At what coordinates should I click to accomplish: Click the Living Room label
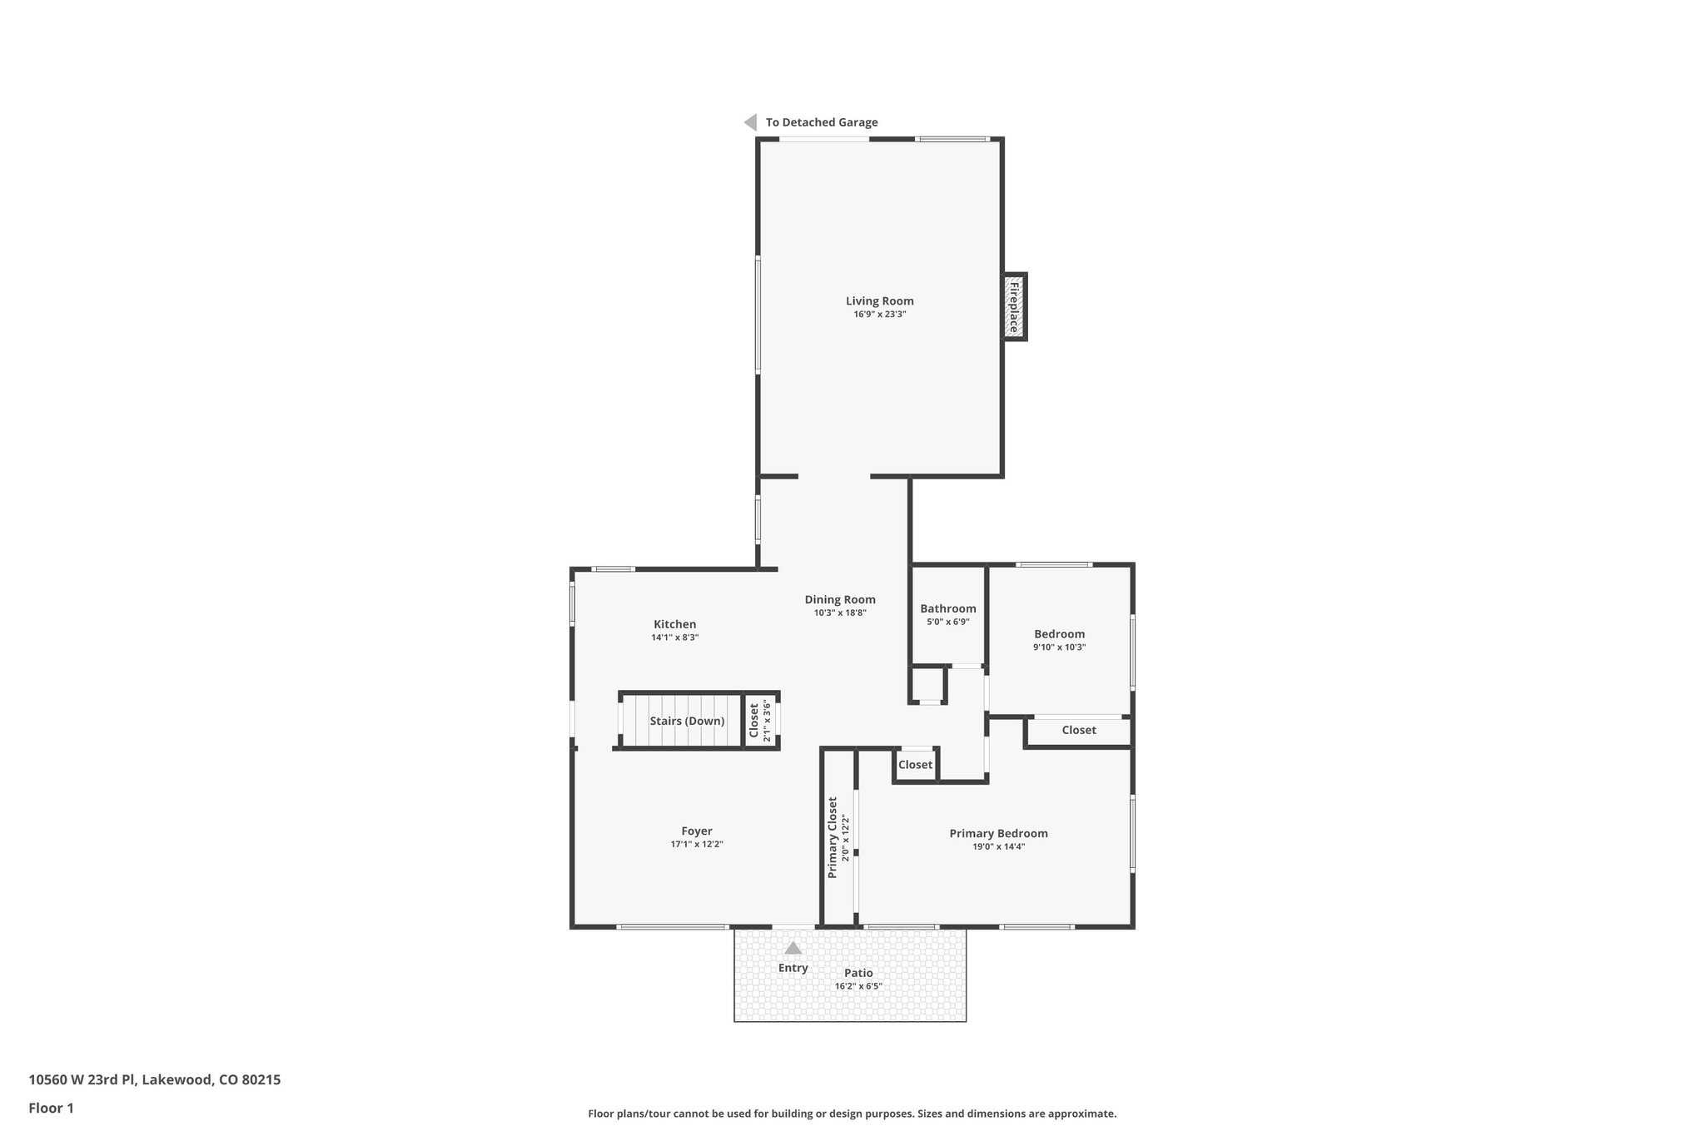click(x=879, y=301)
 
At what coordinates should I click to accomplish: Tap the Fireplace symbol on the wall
click(x=1014, y=307)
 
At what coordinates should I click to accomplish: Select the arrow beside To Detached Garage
click(x=750, y=122)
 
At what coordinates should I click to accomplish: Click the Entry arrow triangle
click(x=793, y=948)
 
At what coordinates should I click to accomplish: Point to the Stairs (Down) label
click(x=687, y=721)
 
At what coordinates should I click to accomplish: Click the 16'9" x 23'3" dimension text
click(x=879, y=315)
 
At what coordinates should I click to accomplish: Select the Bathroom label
click(x=947, y=608)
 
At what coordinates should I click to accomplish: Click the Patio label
click(x=858, y=973)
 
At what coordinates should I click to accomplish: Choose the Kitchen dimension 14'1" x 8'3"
click(x=674, y=637)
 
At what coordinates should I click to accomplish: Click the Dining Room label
click(x=840, y=599)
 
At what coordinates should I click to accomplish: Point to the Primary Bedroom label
click(x=998, y=833)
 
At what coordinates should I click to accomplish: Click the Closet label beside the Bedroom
click(x=1078, y=730)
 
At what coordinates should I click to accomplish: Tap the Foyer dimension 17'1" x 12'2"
click(x=697, y=844)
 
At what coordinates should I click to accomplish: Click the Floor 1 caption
click(x=51, y=1108)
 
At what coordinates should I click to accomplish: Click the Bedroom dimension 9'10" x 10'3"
click(x=1059, y=647)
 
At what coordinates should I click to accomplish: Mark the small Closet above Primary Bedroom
click(x=915, y=765)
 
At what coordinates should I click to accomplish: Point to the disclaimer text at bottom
click(x=852, y=1114)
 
